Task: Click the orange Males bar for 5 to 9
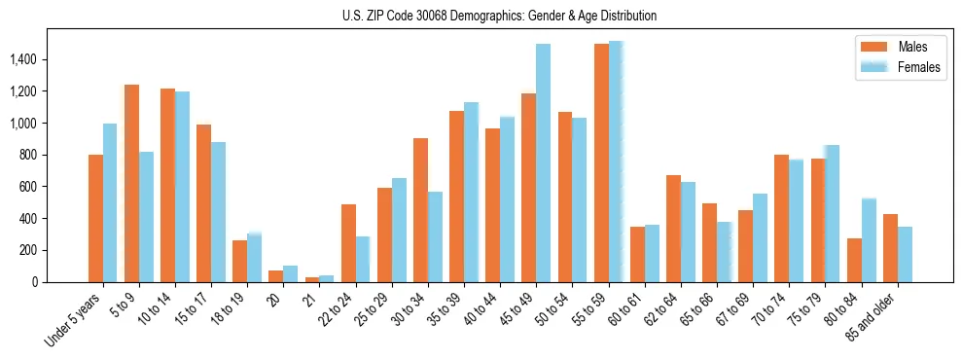(131, 183)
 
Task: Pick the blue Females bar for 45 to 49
(543, 162)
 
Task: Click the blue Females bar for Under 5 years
(110, 202)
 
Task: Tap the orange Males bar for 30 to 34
(420, 210)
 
